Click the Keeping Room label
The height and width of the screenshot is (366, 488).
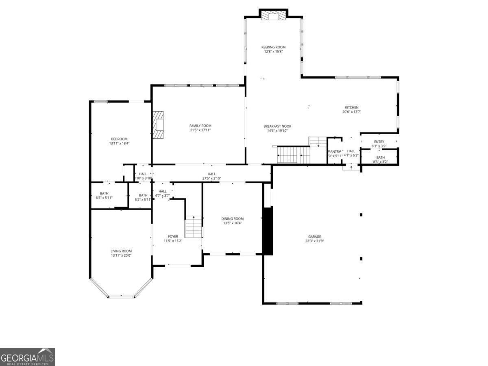coord(273,47)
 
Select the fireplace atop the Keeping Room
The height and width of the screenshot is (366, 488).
coord(273,15)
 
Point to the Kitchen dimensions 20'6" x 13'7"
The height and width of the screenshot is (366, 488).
coord(352,112)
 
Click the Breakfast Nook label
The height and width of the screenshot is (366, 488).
coord(277,126)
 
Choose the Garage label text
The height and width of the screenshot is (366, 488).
coord(314,236)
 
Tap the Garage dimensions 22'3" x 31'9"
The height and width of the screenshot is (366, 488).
coord(314,241)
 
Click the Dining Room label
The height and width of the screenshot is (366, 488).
coord(233,219)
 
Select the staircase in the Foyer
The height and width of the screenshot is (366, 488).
coord(194,227)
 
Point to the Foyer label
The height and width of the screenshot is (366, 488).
coord(173,236)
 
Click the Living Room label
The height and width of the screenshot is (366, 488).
coord(121,251)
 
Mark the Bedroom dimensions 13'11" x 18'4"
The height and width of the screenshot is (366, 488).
coord(119,143)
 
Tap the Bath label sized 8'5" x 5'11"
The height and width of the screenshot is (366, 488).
coord(104,193)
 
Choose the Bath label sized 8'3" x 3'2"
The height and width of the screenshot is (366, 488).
coord(380,157)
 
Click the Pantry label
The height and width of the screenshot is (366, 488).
coord(334,151)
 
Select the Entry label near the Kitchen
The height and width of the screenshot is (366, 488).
coord(379,142)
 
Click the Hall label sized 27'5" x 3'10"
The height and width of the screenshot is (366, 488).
coord(211,174)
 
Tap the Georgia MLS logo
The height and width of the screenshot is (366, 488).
coord(27,357)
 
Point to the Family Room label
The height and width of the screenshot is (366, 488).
coord(200,126)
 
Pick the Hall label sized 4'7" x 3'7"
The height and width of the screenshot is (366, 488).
coord(162,191)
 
